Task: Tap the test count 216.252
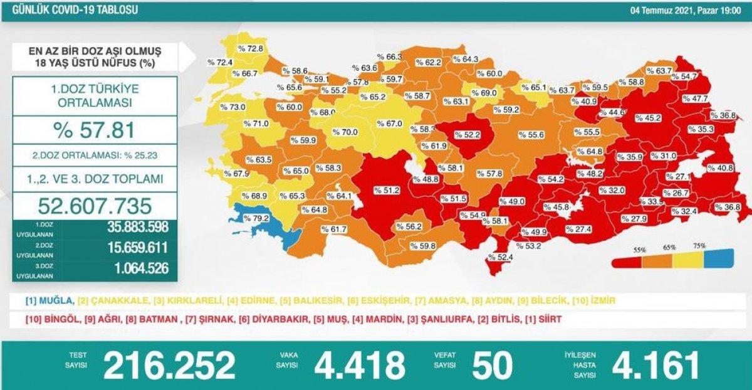coord(169,366)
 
